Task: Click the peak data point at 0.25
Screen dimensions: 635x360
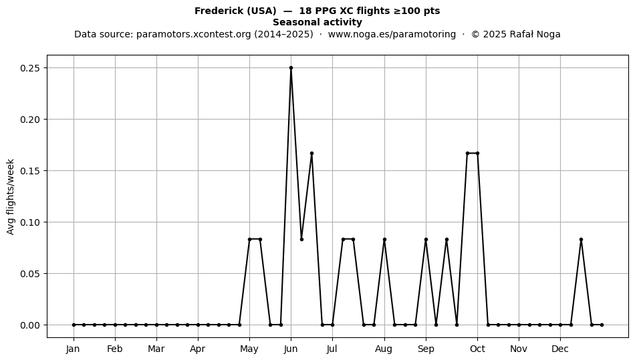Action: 291,68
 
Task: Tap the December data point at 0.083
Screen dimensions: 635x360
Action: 581,240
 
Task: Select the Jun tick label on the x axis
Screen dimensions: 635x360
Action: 291,349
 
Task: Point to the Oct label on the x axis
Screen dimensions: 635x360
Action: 477,349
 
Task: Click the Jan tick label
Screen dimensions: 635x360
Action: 74,349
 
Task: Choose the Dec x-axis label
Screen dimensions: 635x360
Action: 561,349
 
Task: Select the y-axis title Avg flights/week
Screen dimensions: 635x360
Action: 11,196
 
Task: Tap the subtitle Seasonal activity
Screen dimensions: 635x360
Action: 317,22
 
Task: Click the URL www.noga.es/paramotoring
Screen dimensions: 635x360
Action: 392,34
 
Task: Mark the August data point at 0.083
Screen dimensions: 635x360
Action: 384,240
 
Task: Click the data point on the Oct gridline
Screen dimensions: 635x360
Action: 477,154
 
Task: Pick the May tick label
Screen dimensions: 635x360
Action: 249,349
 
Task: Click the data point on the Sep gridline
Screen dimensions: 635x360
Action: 426,240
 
